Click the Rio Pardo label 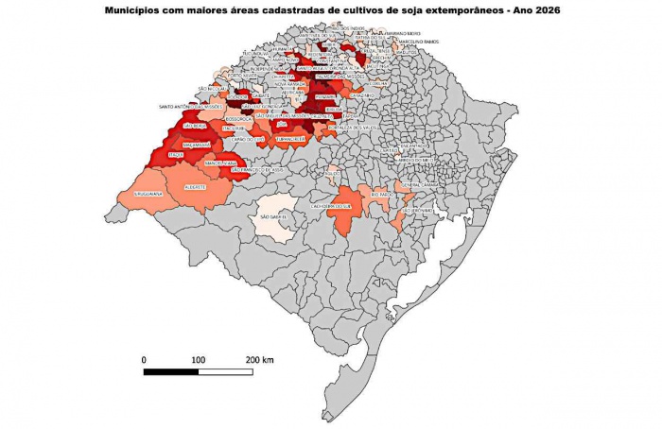tap(383, 194)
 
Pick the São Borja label tap(194, 125)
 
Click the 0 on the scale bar tap(144, 360)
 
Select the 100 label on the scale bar tap(198, 360)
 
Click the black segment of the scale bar tap(171, 371)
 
